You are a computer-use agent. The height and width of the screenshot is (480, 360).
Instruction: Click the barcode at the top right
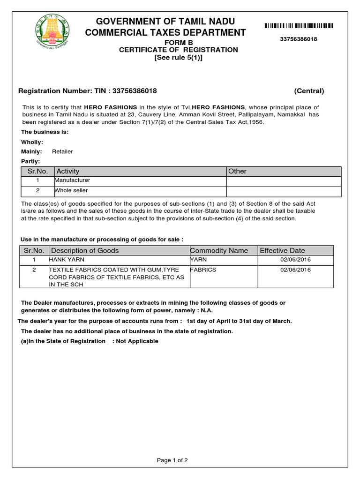click(299, 26)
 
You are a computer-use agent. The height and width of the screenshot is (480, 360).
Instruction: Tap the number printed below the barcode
click(299, 39)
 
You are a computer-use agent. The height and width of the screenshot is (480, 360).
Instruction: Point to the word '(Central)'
click(309, 91)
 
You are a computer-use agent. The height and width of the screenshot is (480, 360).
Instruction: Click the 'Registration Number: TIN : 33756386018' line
click(87, 91)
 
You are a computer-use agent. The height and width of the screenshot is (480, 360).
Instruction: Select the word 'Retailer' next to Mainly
click(62, 151)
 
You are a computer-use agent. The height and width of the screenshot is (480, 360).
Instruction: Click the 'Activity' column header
click(68, 172)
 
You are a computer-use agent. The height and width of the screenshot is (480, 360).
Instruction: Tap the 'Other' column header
click(237, 172)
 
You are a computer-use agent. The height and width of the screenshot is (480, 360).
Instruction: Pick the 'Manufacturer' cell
click(73, 180)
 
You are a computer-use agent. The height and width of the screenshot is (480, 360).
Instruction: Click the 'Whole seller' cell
click(71, 191)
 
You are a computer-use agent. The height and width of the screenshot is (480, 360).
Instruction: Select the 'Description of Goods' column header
click(85, 251)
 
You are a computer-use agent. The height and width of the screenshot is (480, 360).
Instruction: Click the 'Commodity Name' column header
click(219, 251)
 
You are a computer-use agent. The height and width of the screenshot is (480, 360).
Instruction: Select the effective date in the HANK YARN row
click(295, 260)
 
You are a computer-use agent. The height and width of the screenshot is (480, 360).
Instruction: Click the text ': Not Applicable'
click(135, 341)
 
